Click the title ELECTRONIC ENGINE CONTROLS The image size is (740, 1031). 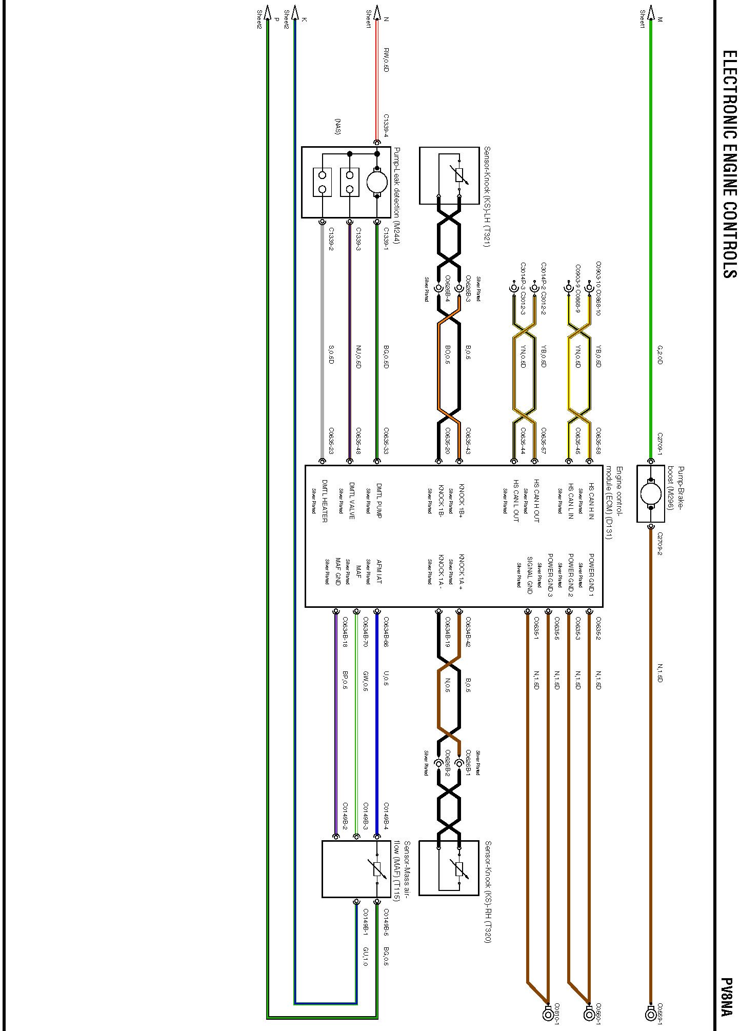pyautogui.click(x=729, y=164)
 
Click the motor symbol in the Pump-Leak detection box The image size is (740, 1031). pyautogui.click(x=377, y=182)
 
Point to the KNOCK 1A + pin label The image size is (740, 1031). pyautogui.click(x=461, y=572)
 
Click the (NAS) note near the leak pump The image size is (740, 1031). pyautogui.click(x=337, y=126)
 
